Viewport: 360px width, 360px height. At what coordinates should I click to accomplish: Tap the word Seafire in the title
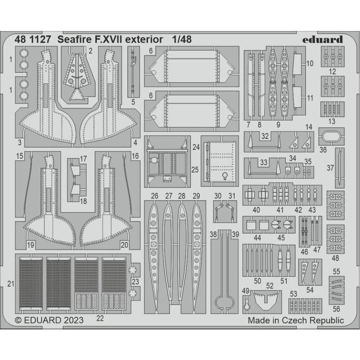(x=73, y=39)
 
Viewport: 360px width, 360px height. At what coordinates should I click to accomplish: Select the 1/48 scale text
(x=181, y=39)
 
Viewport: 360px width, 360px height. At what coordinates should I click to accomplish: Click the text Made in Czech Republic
(x=296, y=320)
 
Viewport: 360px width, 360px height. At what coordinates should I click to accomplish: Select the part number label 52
(x=270, y=285)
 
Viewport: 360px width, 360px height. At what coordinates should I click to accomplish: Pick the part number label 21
(x=10, y=283)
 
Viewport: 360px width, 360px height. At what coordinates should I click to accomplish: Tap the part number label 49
(x=245, y=290)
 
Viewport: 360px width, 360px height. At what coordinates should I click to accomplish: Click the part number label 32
(x=265, y=135)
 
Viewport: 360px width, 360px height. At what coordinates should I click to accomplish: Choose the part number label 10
(x=310, y=64)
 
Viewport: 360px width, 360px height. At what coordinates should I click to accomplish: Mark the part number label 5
(x=133, y=102)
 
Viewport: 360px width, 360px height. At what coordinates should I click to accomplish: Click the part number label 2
(x=90, y=50)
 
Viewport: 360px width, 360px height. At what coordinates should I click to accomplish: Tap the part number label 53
(x=293, y=294)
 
